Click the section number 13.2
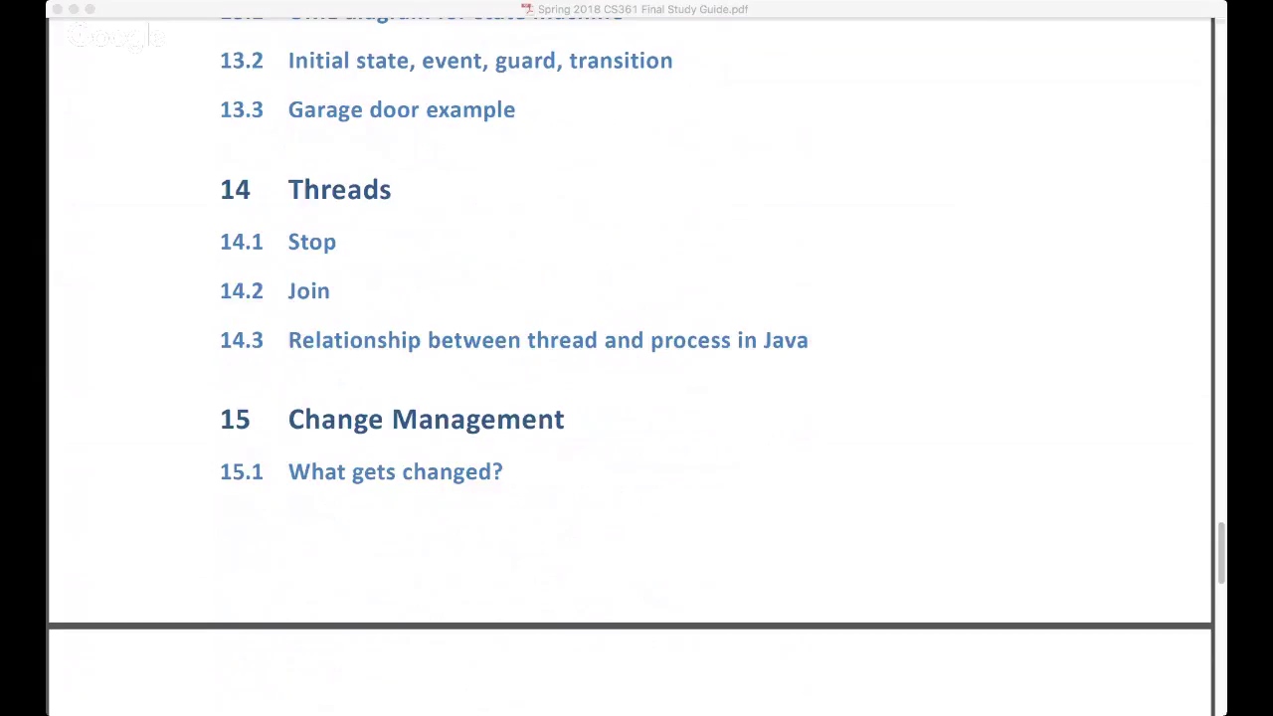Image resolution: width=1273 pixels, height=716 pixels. pyautogui.click(x=242, y=61)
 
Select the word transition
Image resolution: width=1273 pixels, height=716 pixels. pyautogui.click(x=621, y=61)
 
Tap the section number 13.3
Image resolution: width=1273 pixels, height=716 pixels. pyautogui.click(x=242, y=110)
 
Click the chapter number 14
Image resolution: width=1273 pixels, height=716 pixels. pyautogui.click(x=235, y=190)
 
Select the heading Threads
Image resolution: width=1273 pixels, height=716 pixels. pyautogui.click(x=339, y=190)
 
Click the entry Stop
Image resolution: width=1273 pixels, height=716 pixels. pyautogui.click(x=311, y=243)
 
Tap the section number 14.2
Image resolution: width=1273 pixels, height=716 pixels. pyautogui.click(x=242, y=291)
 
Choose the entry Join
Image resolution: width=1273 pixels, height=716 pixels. pyautogui.click(x=308, y=291)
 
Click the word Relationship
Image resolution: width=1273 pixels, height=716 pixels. pyautogui.click(x=354, y=340)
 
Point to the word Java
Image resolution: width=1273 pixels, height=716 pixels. pyautogui.click(x=786, y=340)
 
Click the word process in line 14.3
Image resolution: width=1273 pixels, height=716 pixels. pyautogui.click(x=690, y=341)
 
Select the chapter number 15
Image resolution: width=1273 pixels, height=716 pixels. pyautogui.click(x=235, y=420)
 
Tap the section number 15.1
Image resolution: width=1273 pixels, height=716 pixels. pyautogui.click(x=242, y=472)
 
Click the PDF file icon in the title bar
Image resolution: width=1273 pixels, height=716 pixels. pyautogui.click(x=527, y=9)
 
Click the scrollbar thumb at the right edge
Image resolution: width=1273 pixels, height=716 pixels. pyautogui.click(x=1221, y=552)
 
